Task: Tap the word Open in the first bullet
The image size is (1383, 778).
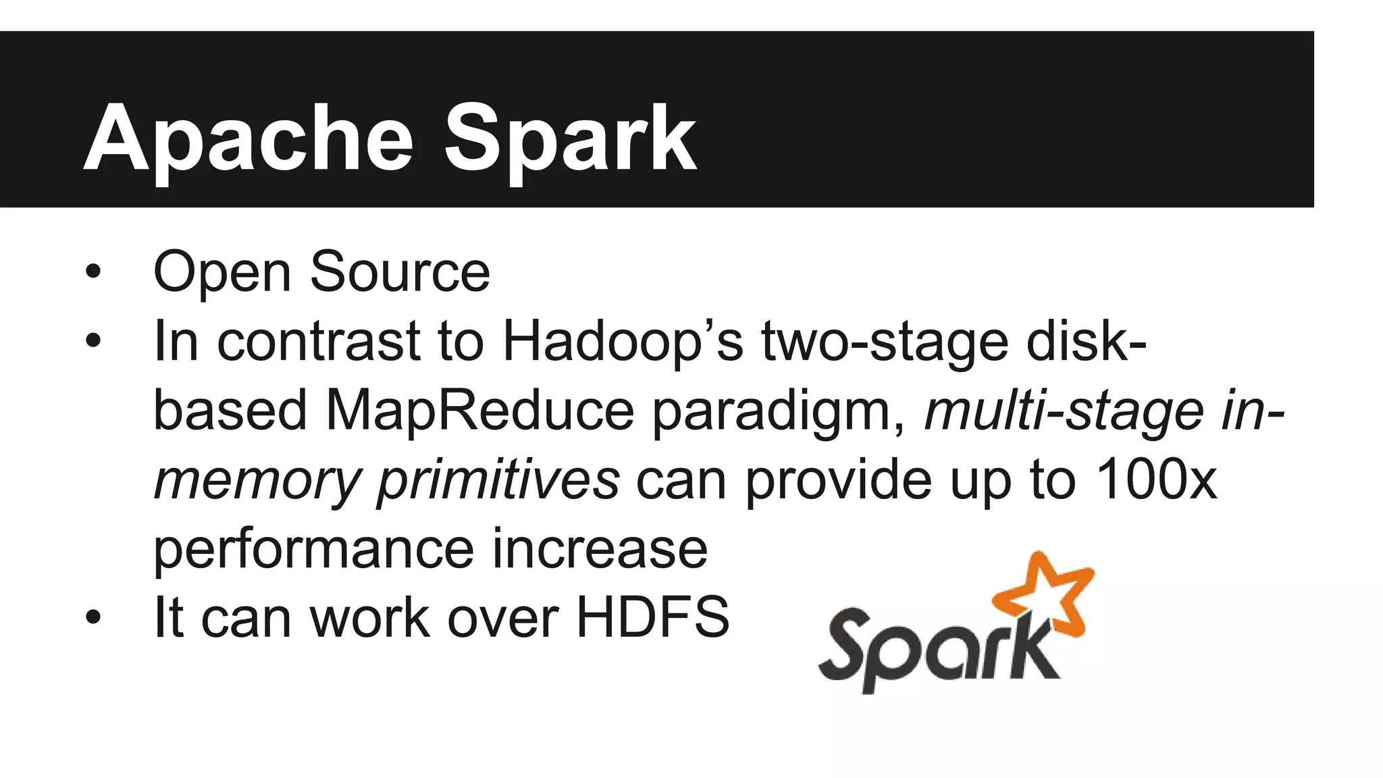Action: point(222,272)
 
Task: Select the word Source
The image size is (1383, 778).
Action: point(400,272)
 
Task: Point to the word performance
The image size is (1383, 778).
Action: point(314,549)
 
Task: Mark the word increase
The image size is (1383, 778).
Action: point(600,549)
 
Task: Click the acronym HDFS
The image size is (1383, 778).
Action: point(652,617)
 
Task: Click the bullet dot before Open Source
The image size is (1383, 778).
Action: point(93,272)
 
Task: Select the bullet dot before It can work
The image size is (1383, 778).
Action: point(93,617)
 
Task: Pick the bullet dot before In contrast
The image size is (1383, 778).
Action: point(93,342)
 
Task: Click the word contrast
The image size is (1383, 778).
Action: point(319,342)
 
